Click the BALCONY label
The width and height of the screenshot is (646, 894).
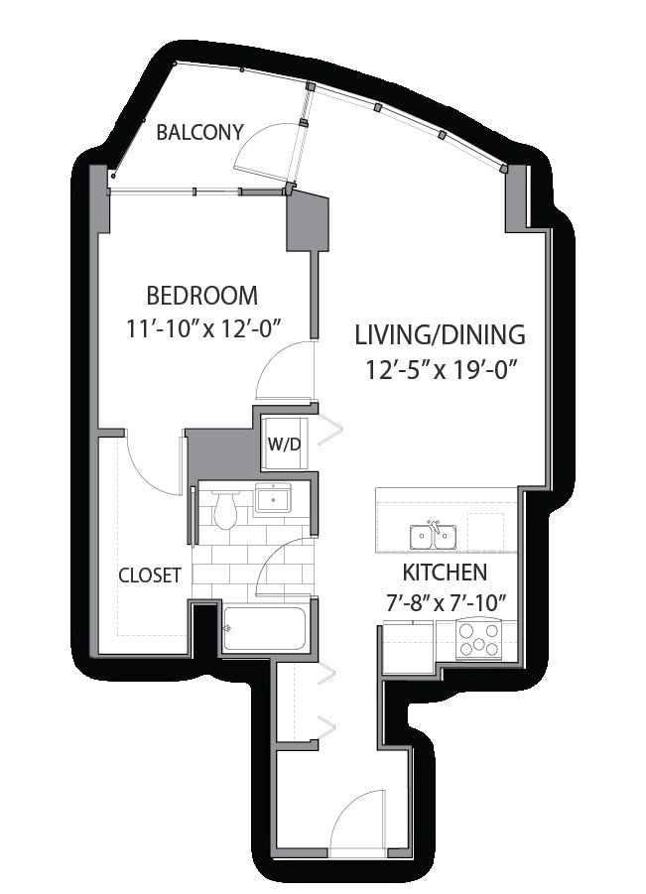(199, 132)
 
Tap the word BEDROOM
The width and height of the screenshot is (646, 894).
(201, 296)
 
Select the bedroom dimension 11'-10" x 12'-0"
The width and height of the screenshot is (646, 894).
(204, 328)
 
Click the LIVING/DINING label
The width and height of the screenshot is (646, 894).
(440, 334)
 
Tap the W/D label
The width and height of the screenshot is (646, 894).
(284, 445)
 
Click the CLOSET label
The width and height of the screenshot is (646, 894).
(150, 575)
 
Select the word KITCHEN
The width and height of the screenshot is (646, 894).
(445, 572)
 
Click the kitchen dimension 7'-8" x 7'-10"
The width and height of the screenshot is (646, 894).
(447, 602)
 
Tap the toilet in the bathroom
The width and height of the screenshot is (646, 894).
(224, 509)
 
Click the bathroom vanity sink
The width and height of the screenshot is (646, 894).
(273, 499)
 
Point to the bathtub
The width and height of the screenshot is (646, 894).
(265, 628)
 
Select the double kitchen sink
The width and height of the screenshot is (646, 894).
(434, 536)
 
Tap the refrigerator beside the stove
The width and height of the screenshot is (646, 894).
(407, 648)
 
